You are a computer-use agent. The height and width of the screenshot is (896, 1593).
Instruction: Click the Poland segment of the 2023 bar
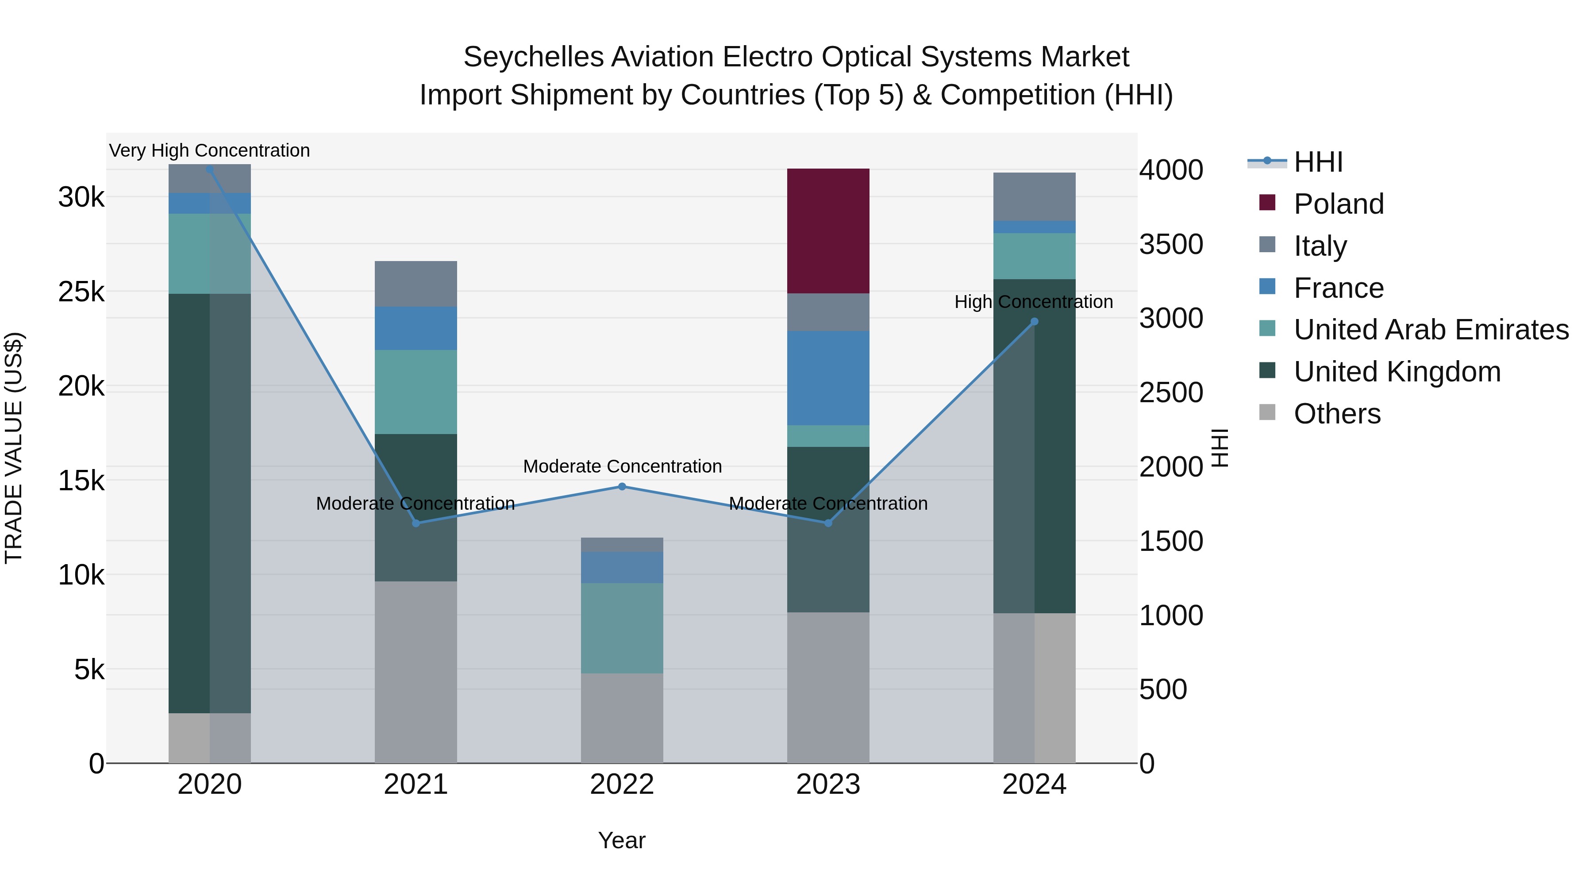coord(828,231)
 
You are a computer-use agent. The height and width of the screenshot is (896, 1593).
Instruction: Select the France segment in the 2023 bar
coord(828,378)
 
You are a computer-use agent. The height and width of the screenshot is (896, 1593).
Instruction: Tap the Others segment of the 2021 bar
coord(416,672)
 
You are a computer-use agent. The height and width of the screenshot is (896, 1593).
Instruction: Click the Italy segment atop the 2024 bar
coord(1034,196)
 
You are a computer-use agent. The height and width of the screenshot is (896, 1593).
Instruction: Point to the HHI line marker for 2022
coord(622,487)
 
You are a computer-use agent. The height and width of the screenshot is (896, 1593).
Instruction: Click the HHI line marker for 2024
coord(1035,322)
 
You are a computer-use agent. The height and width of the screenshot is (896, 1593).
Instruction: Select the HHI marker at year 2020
coord(210,169)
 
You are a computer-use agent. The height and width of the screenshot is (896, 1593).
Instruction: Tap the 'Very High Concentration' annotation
coord(210,150)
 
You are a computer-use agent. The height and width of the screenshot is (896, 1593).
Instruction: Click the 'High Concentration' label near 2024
coord(1033,302)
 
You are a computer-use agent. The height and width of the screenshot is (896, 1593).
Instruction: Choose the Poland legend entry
coord(1338,204)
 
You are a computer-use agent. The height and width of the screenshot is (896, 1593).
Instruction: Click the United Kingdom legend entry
coord(1397,372)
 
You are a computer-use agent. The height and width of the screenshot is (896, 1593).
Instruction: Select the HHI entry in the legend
coord(1318,162)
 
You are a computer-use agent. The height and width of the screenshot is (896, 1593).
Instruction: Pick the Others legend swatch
coord(1267,412)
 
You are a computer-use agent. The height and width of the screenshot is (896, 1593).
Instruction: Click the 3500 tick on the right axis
coord(1170,244)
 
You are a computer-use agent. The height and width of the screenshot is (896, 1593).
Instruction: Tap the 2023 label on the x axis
coord(828,784)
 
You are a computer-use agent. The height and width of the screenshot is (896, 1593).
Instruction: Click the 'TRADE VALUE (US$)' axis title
coord(14,448)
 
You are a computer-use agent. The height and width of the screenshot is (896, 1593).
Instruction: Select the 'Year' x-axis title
coord(622,840)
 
